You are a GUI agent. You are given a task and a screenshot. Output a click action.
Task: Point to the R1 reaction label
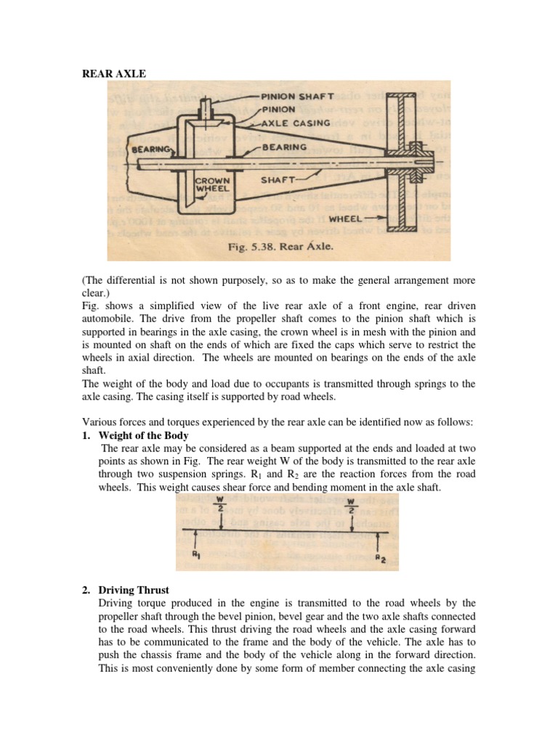[x=195, y=555]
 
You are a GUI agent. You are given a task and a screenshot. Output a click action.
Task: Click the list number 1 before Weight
[x=86, y=435]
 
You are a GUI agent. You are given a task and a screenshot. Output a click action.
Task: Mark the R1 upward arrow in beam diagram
[x=195, y=541]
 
